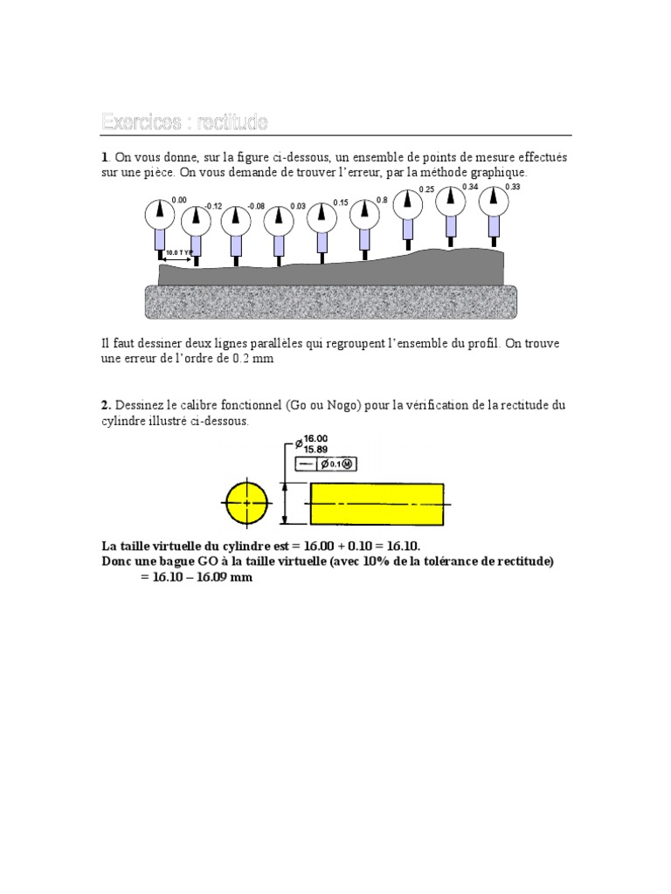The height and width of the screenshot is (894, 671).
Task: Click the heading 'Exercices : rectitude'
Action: click(x=184, y=121)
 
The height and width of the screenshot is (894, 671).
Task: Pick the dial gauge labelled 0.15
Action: click(x=322, y=214)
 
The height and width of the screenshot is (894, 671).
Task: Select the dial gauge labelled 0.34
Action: click(x=450, y=199)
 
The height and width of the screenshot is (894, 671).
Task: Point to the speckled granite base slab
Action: click(x=330, y=301)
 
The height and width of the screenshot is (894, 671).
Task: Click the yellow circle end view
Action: click(x=247, y=504)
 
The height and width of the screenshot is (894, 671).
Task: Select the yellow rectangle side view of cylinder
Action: click(x=377, y=504)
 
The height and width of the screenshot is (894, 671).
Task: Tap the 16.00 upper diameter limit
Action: click(x=316, y=439)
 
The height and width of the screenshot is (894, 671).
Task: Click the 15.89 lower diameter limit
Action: click(x=316, y=450)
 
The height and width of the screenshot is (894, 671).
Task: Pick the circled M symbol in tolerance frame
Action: click(x=347, y=464)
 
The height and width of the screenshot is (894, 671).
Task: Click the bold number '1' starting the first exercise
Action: click(x=105, y=157)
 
